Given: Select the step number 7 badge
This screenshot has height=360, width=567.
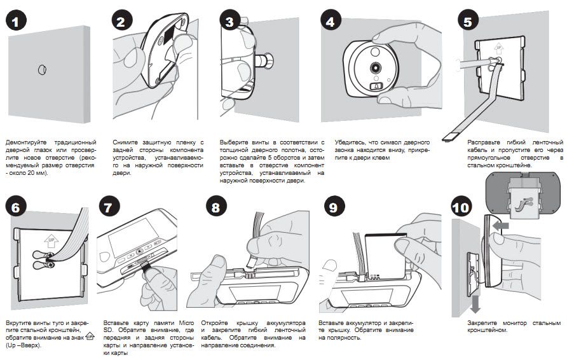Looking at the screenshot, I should tap(111, 207).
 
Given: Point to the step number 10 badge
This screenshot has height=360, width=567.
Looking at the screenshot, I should tap(461, 207).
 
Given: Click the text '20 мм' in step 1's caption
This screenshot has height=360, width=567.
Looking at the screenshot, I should tap(31, 172).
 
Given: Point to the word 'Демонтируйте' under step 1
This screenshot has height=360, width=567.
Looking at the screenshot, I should tap(25, 141).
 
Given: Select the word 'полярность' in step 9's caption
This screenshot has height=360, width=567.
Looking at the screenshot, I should tap(341, 338).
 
